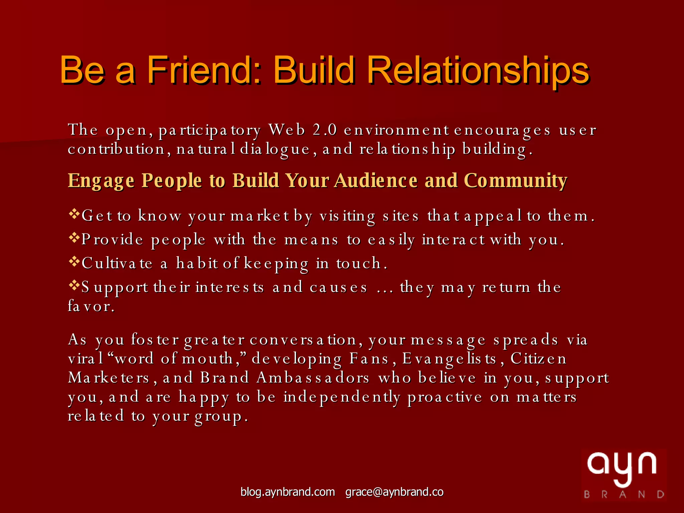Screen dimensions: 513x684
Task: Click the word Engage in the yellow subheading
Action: click(101, 181)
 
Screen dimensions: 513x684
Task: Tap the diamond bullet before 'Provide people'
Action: click(73, 237)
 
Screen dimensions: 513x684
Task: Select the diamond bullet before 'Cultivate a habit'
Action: click(73, 261)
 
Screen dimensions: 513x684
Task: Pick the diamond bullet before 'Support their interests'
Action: click(73, 285)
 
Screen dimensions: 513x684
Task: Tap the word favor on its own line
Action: click(91, 306)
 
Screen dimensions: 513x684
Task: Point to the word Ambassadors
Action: click(313, 378)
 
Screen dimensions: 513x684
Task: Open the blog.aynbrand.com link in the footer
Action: click(288, 492)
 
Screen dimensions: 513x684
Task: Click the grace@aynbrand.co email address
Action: click(394, 492)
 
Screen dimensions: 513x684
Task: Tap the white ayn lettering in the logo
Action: click(622, 466)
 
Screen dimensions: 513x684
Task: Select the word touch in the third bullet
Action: click(358, 263)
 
